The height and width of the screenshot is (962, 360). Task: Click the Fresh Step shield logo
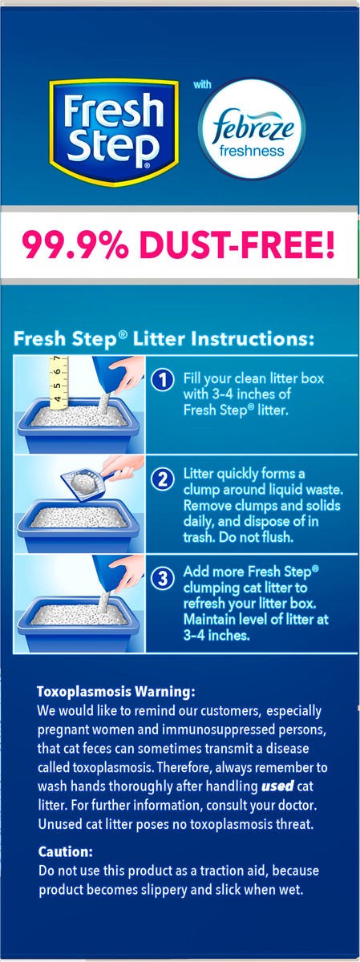coord(114,131)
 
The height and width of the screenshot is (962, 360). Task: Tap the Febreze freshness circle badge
coord(252,129)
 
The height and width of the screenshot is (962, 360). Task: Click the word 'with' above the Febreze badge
coord(202,84)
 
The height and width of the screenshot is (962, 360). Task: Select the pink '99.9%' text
coord(75,244)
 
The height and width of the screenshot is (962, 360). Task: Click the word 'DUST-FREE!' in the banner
coord(237,244)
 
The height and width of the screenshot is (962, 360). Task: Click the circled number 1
coord(163,380)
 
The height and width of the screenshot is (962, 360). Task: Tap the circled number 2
coord(163,479)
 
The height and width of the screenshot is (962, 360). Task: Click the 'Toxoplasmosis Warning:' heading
coord(116,691)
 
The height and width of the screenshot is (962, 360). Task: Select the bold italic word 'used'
coord(277,786)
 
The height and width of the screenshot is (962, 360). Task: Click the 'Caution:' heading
coord(65,851)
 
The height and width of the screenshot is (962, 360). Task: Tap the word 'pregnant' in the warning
coord(62,730)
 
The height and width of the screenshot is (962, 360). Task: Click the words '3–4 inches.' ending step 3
coord(216,635)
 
